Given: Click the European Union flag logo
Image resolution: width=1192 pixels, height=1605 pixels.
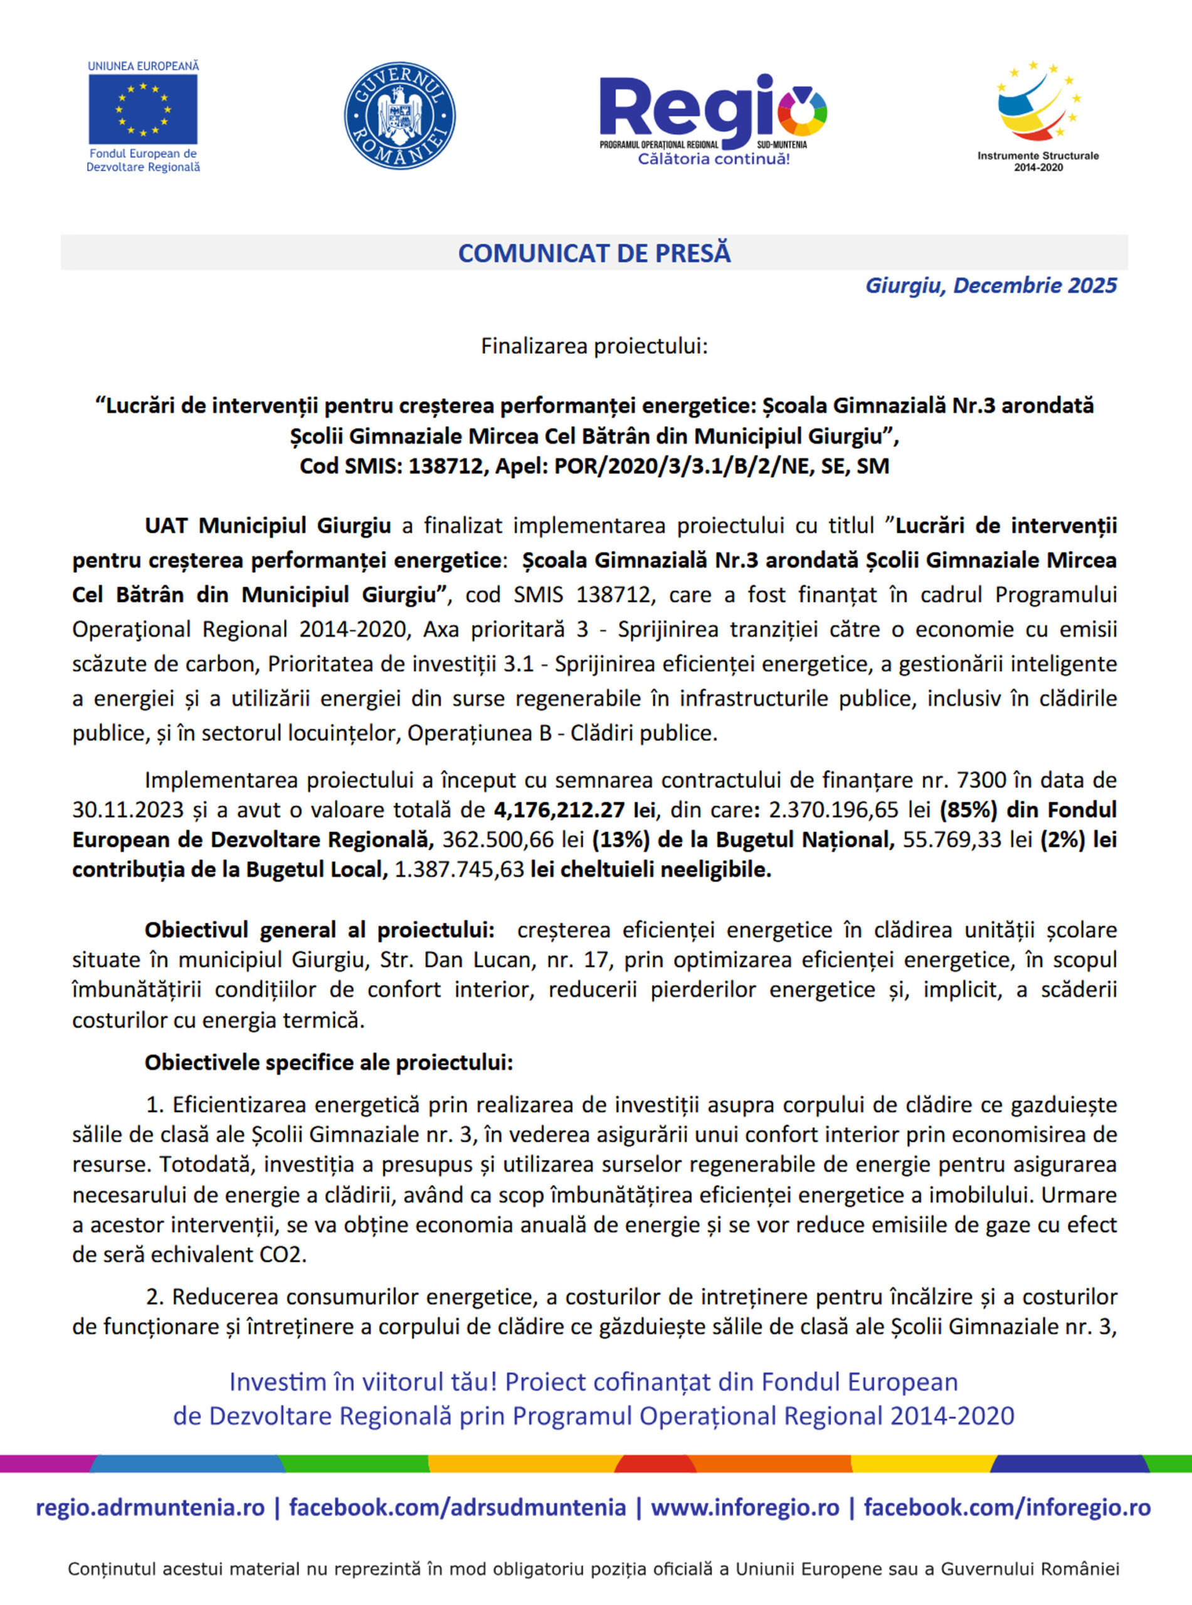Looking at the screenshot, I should coord(143,109).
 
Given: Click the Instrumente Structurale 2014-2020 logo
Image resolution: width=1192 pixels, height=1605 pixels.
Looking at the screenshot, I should coord(1038,115).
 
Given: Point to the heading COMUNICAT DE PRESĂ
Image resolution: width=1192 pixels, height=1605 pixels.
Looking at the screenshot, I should coord(594,253).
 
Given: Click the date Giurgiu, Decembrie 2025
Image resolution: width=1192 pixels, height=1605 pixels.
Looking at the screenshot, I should coord(990,286).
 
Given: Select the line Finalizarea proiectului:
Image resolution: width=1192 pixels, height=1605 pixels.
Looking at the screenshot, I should coord(594,346).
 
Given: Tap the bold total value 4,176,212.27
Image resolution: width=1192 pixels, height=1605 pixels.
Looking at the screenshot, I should coord(559,810).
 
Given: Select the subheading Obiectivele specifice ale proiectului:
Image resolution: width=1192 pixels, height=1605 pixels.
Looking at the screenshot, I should coord(329,1063).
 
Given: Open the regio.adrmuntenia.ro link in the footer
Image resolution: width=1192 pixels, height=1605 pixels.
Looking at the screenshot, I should coord(150,1508).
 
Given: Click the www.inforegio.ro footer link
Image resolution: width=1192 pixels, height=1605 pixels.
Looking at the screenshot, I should coord(745,1508).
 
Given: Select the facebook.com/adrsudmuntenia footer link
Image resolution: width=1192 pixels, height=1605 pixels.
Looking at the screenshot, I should coord(458,1508).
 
